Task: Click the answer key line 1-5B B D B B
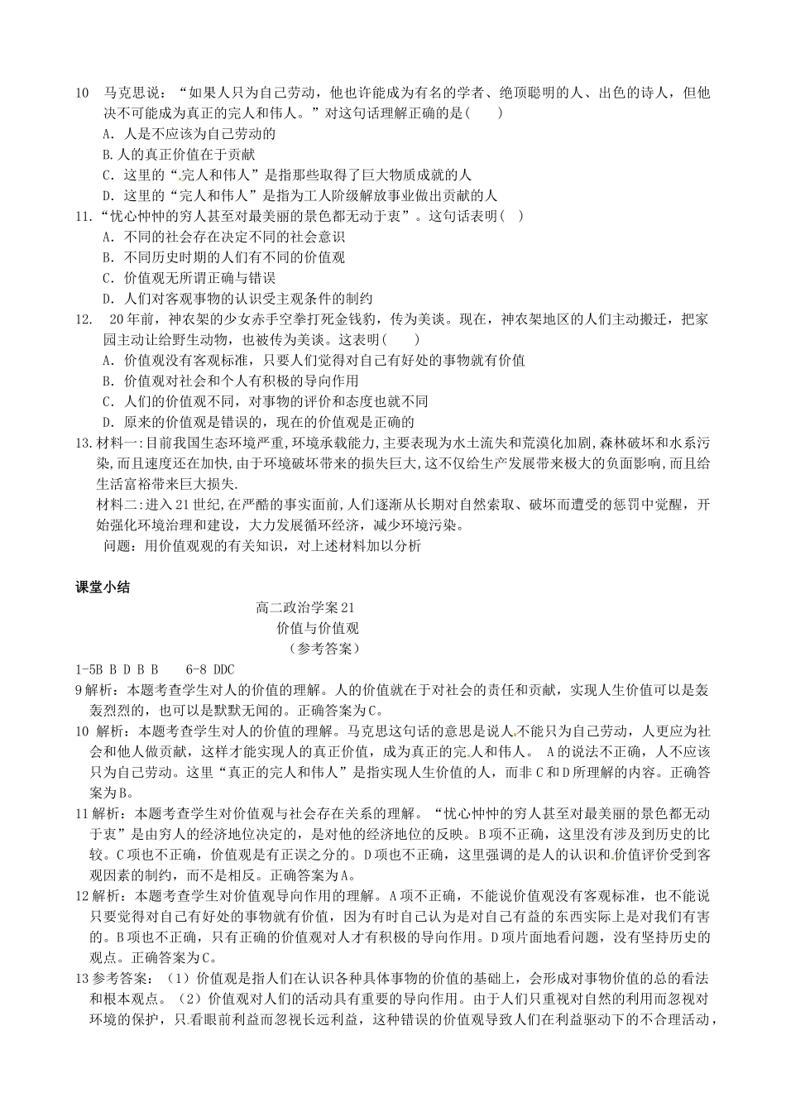coord(117,669)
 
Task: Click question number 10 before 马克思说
coord(82,93)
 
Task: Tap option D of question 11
coord(237,299)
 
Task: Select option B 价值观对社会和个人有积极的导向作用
coord(229,381)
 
